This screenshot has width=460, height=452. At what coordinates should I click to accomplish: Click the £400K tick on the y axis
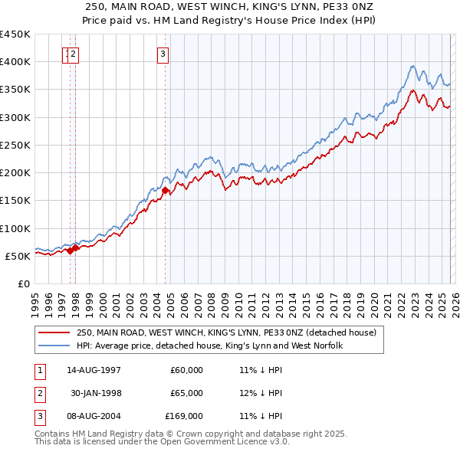coord(15,62)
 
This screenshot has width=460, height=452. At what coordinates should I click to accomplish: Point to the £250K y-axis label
coord(15,145)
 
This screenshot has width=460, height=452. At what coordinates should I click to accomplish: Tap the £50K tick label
coord(18,256)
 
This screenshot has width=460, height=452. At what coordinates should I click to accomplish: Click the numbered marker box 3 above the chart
coord(164,54)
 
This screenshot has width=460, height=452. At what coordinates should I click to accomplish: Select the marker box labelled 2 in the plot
coord(74,54)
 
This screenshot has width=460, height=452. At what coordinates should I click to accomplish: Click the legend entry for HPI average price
coord(209,346)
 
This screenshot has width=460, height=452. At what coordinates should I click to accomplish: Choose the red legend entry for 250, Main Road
coord(226,333)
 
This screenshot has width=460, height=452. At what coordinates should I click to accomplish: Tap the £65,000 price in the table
coord(187,393)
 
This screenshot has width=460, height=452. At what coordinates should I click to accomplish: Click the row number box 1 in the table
coord(38,369)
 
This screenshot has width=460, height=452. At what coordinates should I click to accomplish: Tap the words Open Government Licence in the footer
coord(211,441)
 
